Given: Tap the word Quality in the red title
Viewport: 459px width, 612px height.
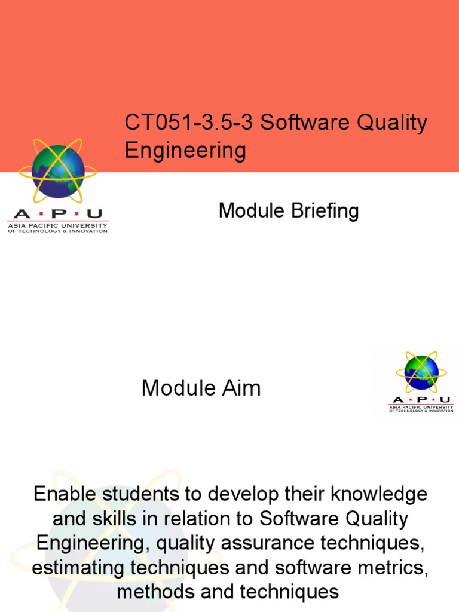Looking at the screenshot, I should tap(393, 123).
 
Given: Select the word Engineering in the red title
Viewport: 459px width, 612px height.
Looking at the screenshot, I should tap(185, 151).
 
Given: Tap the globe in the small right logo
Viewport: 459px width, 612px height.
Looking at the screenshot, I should tap(421, 372).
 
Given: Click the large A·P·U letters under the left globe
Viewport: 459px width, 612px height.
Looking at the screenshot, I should tap(57, 214).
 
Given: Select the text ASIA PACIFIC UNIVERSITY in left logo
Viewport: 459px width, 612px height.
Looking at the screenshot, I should tap(57, 225).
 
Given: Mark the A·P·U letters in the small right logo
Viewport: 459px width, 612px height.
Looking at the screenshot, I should tap(421, 400).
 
